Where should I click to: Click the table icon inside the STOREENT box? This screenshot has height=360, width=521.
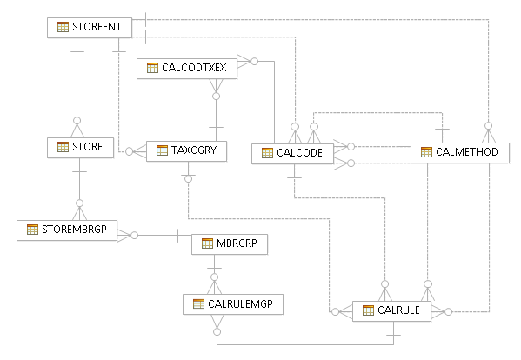[63, 27]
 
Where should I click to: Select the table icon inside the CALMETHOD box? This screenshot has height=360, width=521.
[426, 152]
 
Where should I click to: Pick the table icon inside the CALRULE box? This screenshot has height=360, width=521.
[367, 310]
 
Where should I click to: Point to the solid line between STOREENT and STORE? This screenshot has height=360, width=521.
[77, 87]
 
